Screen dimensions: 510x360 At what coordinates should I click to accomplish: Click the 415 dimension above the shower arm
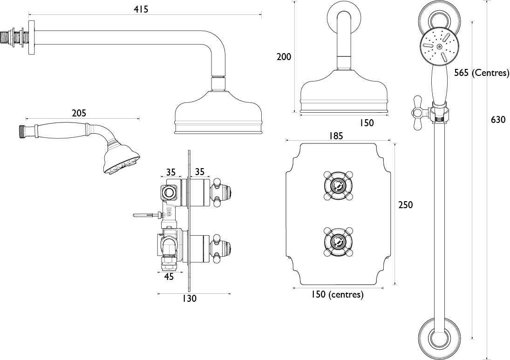coord(141,9)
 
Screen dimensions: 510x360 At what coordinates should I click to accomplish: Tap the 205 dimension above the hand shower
coord(79,113)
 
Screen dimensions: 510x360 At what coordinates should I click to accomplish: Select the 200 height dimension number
coord(284,57)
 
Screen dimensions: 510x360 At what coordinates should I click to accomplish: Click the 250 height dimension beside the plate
coord(405,204)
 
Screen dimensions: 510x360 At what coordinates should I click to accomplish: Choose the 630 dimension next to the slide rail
coord(498,120)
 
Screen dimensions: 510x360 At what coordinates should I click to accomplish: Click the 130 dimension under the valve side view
coord(190,298)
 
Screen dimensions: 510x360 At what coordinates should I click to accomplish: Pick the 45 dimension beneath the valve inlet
coord(169,277)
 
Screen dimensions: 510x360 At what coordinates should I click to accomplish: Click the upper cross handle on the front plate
coord(338,185)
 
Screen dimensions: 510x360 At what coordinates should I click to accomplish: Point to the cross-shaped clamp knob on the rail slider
coord(419,113)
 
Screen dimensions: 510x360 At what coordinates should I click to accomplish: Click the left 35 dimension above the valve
coord(171,171)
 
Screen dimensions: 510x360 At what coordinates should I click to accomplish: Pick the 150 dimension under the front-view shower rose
coord(367,123)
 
